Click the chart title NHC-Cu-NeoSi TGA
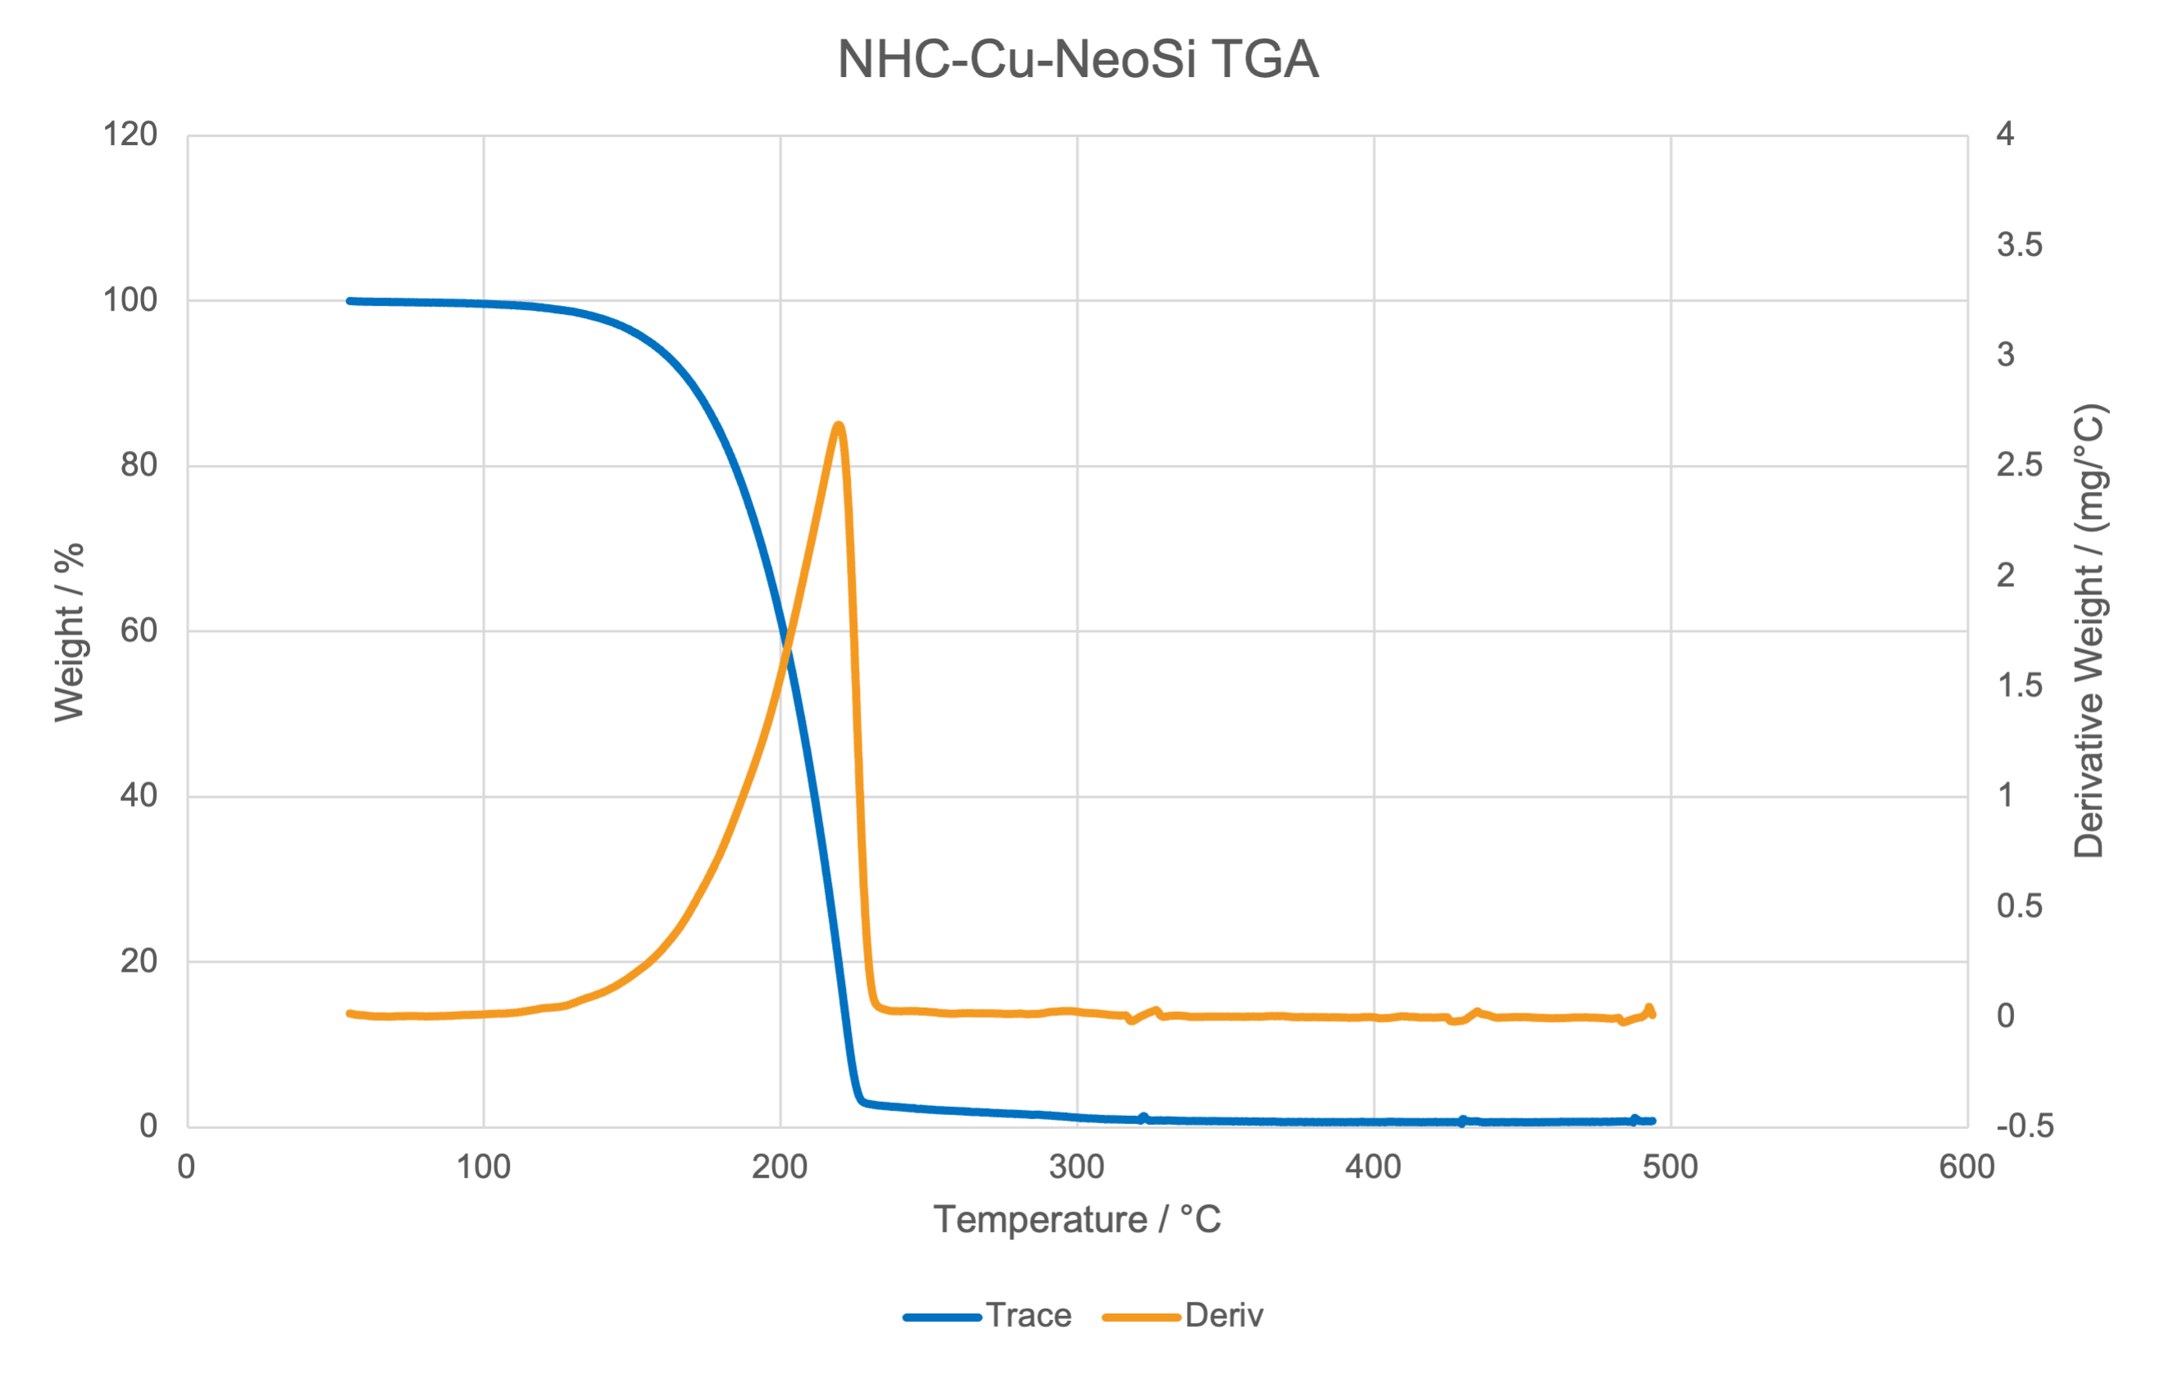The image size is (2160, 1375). [x=1077, y=59]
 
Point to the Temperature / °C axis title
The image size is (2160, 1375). [x=1077, y=1220]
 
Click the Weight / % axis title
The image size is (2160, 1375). [x=69, y=631]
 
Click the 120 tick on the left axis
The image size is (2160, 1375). [x=131, y=135]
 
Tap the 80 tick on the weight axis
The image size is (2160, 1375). [x=139, y=466]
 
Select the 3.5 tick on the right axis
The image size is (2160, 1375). [x=2018, y=245]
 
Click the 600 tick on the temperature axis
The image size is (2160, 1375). [x=1967, y=1167]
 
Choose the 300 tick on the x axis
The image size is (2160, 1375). [x=1076, y=1167]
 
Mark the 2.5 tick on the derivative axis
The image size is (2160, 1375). [x=2018, y=466]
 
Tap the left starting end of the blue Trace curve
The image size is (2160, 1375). [x=350, y=302]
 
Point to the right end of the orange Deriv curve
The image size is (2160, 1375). [x=1653, y=1014]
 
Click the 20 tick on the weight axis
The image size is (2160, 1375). [x=139, y=961]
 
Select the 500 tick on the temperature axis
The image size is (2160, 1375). [x=1671, y=1167]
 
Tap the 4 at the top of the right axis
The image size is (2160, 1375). [x=2005, y=135]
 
